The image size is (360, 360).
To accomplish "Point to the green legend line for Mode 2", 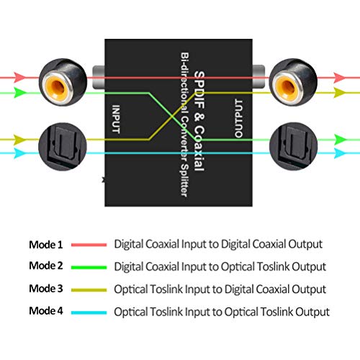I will pyautogui.click(x=89, y=266).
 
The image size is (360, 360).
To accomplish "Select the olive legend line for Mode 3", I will pyautogui.click(x=89, y=289).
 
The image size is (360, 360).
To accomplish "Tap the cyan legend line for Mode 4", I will pyautogui.click(x=89, y=312).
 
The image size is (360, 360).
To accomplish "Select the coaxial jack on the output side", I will pyautogui.click(x=290, y=81).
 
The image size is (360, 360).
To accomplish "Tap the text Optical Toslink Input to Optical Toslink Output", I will pyautogui.click(x=222, y=312).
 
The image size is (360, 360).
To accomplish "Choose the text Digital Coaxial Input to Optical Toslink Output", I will pyautogui.click(x=220, y=266).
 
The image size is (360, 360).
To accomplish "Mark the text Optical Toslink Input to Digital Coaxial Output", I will pyautogui.click(x=220, y=289).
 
